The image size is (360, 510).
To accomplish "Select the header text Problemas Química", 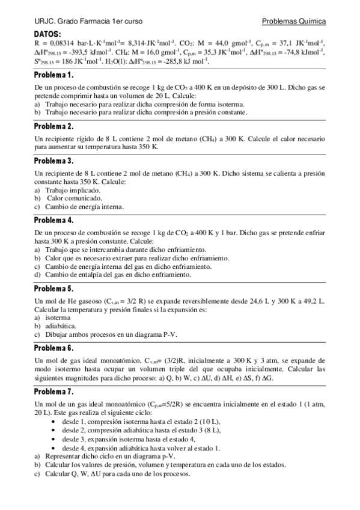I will [x=294, y=21].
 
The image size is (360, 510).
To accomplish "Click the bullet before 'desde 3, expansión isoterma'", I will [x=55, y=439].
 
